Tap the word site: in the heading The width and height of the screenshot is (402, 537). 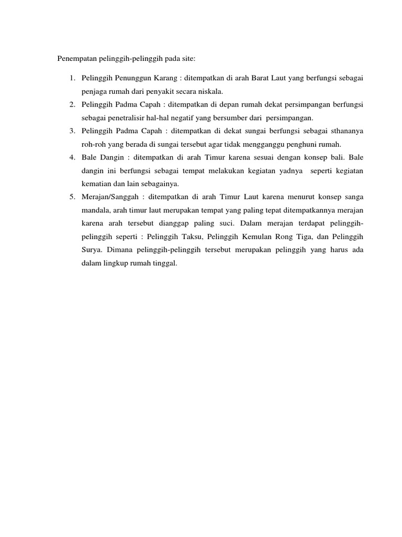[x=186, y=58]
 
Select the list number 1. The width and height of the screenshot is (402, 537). [x=71, y=78]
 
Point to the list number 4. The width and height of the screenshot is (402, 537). [x=71, y=157]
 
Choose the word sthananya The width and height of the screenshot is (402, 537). [x=344, y=131]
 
